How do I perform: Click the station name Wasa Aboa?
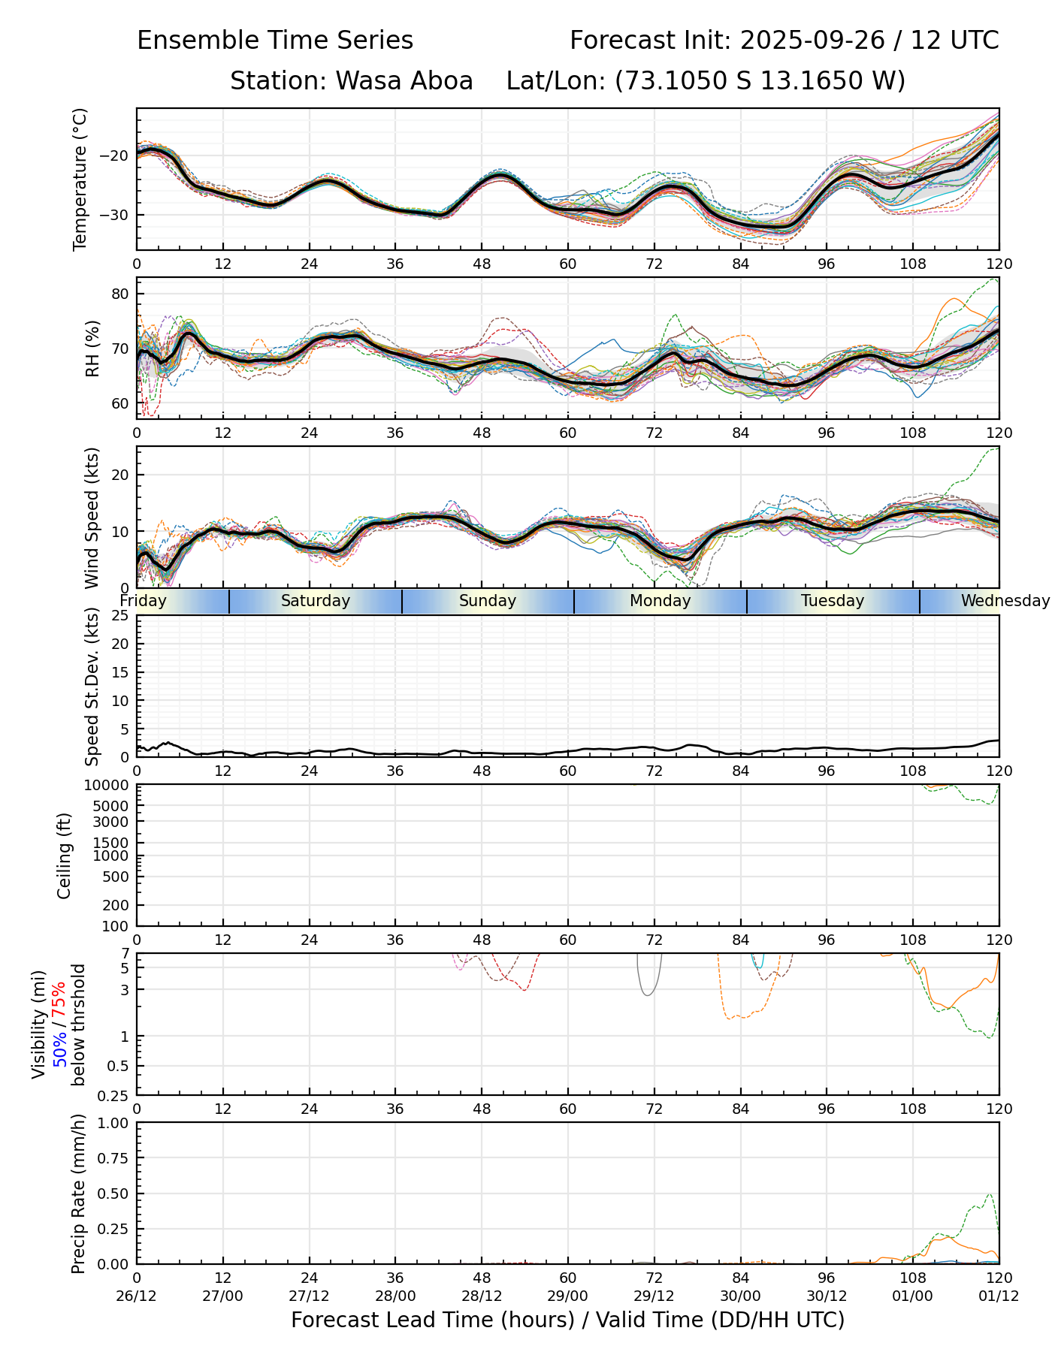[404, 80]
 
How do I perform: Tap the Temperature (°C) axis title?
[80, 179]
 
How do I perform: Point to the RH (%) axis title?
[93, 349]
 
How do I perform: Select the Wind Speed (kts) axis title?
[92, 518]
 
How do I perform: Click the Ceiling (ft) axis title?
[65, 856]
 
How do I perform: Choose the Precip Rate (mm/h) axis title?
[78, 1194]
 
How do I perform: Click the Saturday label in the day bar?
[316, 601]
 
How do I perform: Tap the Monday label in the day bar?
[660, 601]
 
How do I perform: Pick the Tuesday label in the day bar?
[833, 601]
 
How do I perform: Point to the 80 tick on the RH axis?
[120, 294]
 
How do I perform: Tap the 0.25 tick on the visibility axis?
[115, 1094]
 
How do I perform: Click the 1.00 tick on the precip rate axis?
[113, 1123]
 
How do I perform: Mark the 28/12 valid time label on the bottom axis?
[482, 1296]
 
